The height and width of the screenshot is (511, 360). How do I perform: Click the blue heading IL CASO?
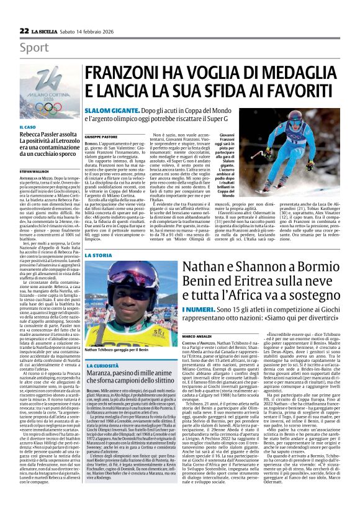[27, 127]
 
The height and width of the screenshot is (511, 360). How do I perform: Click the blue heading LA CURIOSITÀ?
[102, 365]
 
